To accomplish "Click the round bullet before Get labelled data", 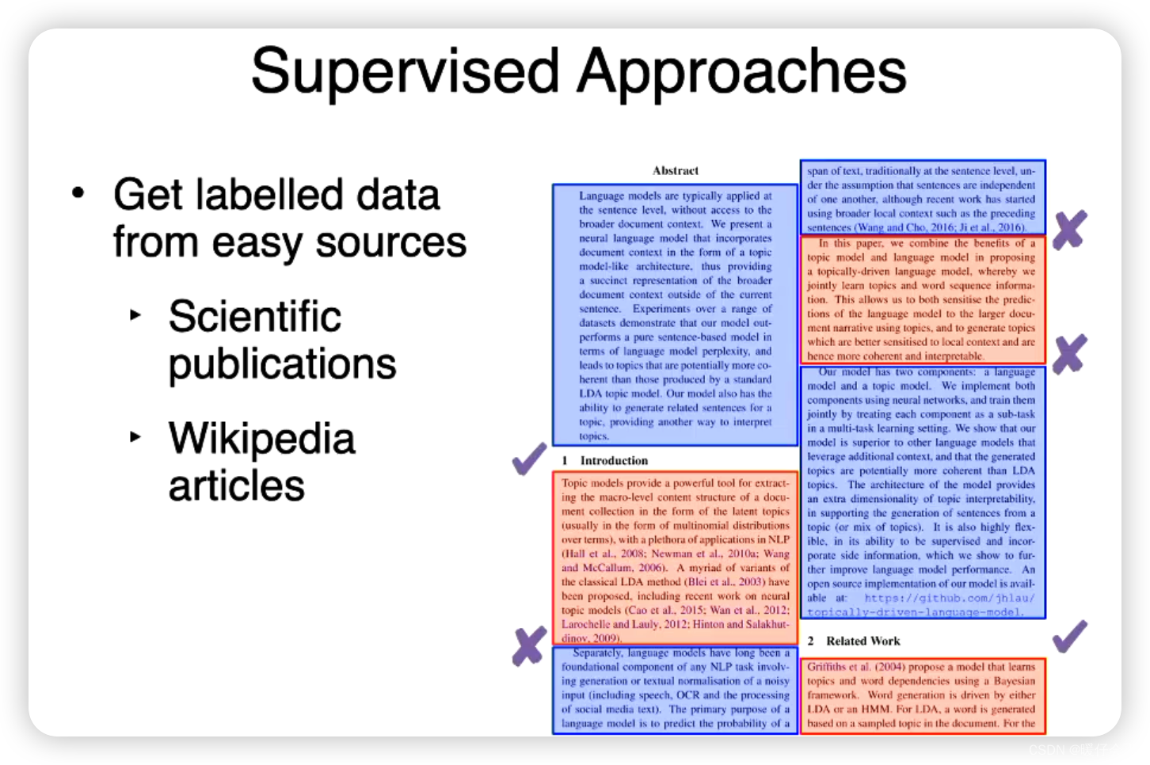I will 78,193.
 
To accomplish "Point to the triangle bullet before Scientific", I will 135,315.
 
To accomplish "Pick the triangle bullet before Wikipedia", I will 135,436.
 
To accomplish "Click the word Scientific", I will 254,317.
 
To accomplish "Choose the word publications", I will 282,364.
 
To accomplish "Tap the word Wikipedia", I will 261,439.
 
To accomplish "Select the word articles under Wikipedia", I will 236,485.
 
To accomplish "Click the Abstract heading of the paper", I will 675,170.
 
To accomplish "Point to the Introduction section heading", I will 614,460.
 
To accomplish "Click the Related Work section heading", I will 862,641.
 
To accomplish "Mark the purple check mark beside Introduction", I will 529,459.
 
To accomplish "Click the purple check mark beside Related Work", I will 1069,637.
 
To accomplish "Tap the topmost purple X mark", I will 1069,230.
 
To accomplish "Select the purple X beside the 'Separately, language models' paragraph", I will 529,645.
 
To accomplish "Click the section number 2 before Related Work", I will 810,641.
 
